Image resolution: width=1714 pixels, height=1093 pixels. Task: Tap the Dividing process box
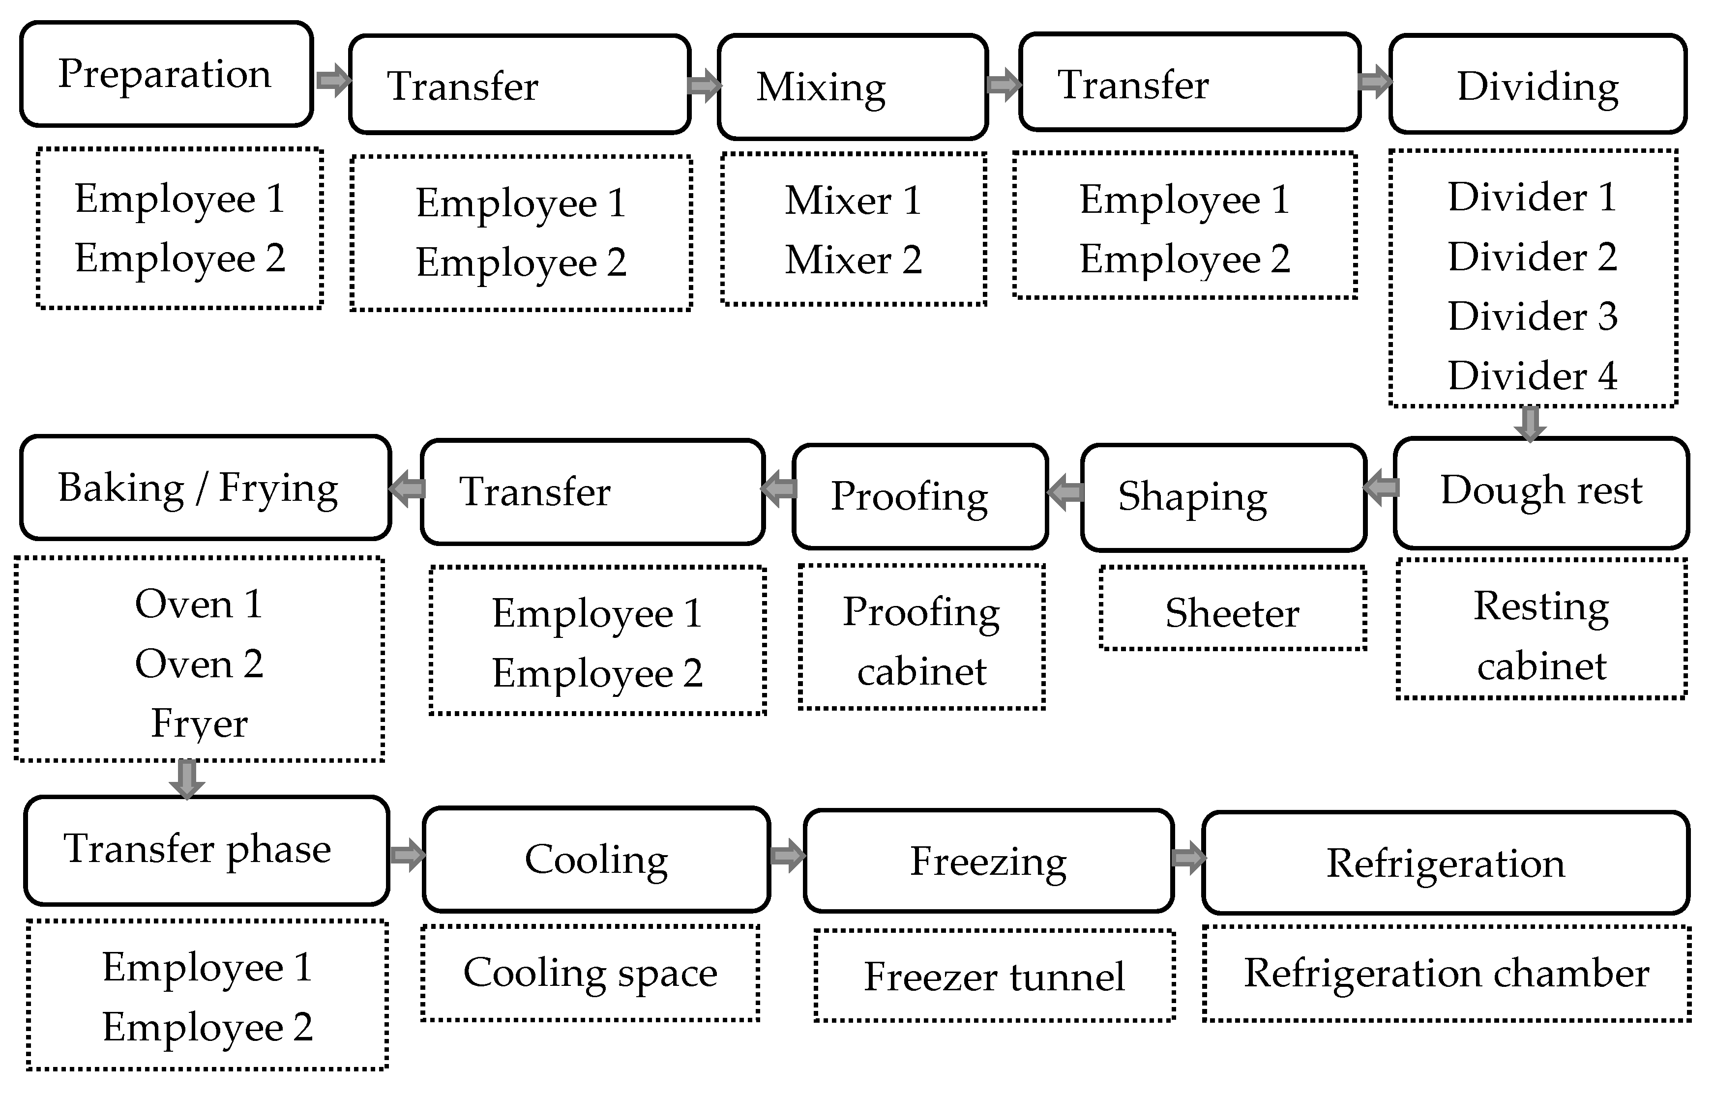click(1537, 85)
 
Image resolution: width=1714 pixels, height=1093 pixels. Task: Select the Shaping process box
click(1222, 497)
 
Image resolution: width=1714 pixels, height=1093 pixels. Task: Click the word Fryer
click(199, 724)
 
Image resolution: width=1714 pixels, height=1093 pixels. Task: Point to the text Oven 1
click(199, 605)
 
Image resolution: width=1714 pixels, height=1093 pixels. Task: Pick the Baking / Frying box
click(205, 488)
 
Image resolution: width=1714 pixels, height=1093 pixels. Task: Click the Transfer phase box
click(207, 850)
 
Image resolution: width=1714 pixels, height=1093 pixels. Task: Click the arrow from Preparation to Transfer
click(332, 80)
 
